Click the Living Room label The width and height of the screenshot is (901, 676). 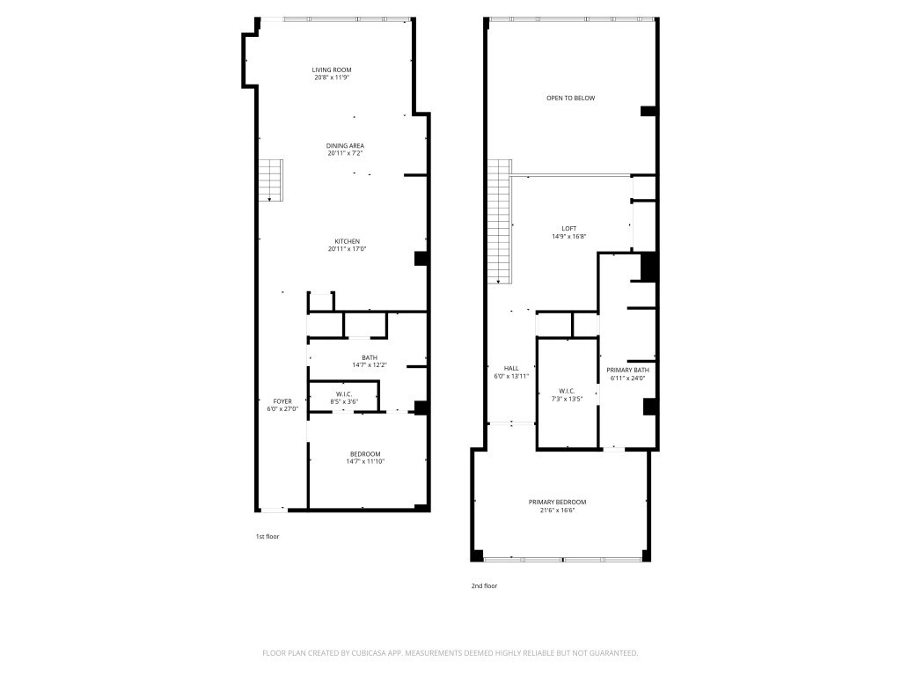(x=332, y=70)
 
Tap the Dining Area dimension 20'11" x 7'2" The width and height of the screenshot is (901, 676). (x=345, y=153)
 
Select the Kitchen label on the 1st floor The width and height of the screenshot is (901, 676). (x=347, y=242)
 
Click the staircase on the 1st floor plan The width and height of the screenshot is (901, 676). (x=270, y=180)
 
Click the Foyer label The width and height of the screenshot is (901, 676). (x=282, y=401)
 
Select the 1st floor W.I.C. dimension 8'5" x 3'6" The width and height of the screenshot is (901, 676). (x=344, y=401)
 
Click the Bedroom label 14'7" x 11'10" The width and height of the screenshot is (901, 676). (x=365, y=454)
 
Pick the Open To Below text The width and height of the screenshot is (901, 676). (x=570, y=98)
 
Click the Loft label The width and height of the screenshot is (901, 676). (x=569, y=229)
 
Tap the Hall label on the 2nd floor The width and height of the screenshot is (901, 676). (x=510, y=369)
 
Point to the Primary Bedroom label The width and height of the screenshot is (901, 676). (x=557, y=502)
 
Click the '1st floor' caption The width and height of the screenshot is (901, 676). (x=267, y=536)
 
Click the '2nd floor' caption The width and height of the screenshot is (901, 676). (x=484, y=585)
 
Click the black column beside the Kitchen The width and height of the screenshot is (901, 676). (x=421, y=259)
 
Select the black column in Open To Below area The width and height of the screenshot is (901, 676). (x=648, y=111)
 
